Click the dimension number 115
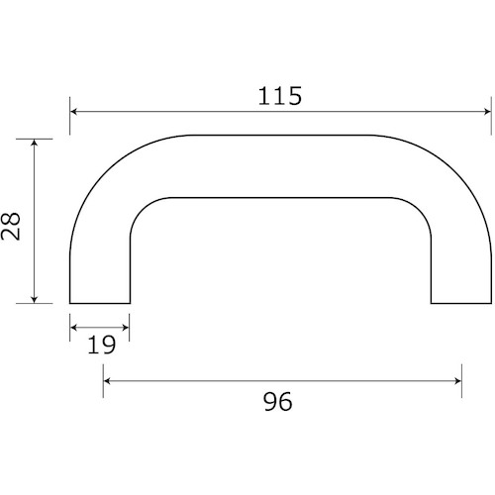click(279, 96)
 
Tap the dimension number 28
click(11, 226)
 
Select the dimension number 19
click(101, 345)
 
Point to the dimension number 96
click(277, 402)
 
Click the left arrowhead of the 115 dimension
click(73, 112)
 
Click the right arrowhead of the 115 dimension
click(488, 112)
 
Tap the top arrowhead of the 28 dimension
click(35, 143)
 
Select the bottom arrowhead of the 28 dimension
click(35, 299)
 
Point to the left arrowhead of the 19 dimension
click(73, 328)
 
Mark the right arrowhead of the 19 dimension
click(126, 328)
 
